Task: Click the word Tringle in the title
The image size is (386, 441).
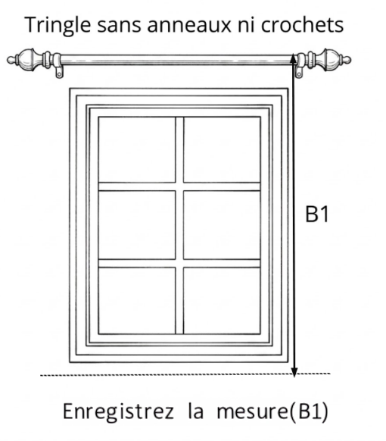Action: click(58, 26)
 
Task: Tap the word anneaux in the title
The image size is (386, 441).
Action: click(189, 25)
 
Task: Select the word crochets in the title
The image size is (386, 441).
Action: click(302, 25)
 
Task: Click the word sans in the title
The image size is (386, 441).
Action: click(119, 26)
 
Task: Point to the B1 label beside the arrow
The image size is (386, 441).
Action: click(317, 214)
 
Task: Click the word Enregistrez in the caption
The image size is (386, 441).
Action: click(118, 412)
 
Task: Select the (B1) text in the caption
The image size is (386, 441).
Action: click(309, 412)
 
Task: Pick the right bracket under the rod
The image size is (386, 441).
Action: click(300, 67)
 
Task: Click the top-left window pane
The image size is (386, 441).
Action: click(137, 149)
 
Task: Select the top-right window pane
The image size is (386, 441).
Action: click(222, 149)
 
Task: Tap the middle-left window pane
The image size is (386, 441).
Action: click(137, 225)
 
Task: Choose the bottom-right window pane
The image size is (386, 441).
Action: click(222, 300)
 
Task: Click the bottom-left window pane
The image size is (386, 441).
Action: click(137, 300)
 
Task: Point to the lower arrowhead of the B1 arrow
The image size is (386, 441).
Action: click(294, 372)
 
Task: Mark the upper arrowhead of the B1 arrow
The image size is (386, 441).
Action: click(293, 58)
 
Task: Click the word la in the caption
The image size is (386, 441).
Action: click(195, 411)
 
